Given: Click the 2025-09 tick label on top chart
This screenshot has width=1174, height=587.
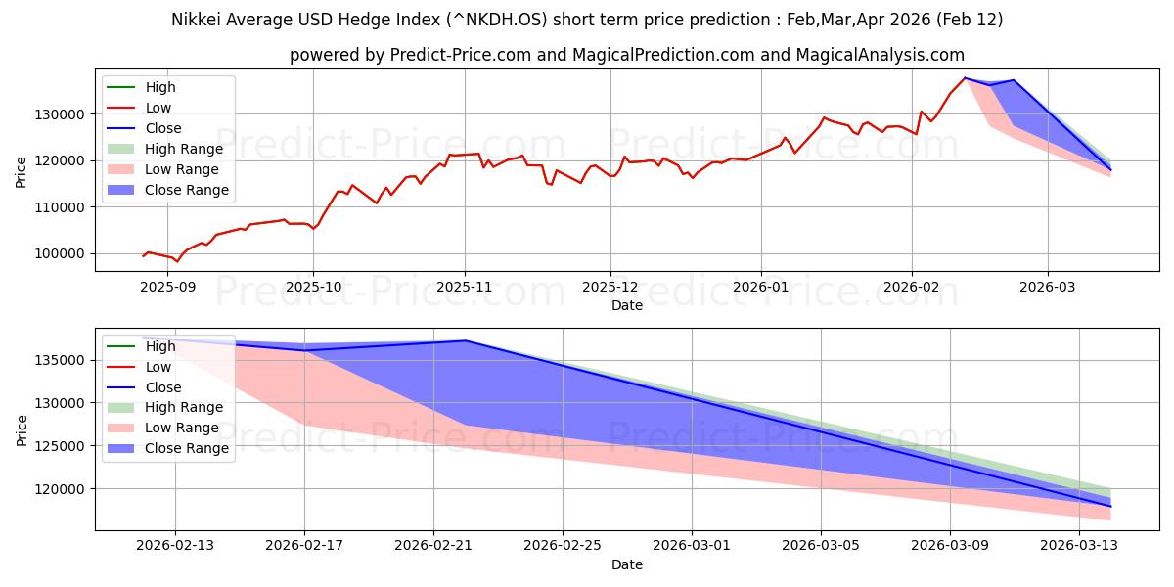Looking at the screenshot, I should [168, 287].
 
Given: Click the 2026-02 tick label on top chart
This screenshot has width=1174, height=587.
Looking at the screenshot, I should [912, 287].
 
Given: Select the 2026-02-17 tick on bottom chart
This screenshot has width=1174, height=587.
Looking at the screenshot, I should [304, 546].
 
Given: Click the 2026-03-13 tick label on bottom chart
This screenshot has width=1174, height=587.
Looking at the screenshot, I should [1079, 546].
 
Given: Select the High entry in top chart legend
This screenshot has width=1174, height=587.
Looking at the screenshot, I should [161, 87].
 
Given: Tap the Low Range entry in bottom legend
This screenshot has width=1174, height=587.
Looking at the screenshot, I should [182, 428].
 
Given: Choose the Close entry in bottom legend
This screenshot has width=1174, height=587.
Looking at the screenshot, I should [165, 387].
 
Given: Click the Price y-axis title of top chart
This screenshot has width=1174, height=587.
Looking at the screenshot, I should [23, 171].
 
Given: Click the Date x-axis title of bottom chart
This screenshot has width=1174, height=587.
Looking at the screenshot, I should [627, 564].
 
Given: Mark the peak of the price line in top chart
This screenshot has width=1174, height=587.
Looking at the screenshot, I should [966, 78].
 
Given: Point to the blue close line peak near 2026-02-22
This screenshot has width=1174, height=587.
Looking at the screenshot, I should [466, 340].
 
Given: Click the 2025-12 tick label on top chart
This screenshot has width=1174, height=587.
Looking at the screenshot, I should [610, 287].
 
